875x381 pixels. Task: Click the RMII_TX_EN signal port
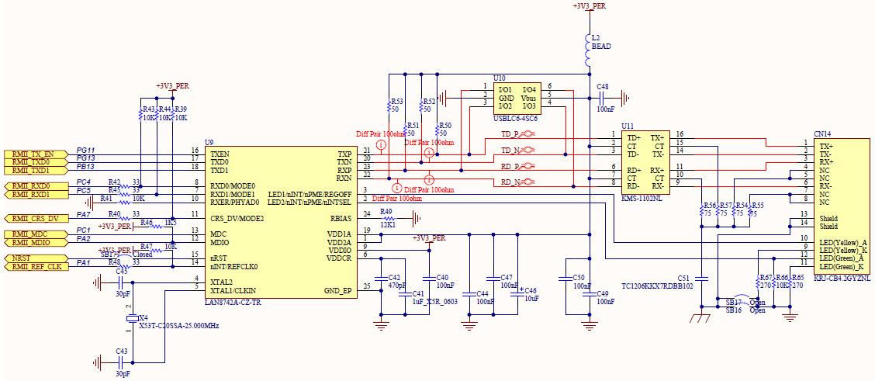32,154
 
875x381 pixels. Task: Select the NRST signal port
32,258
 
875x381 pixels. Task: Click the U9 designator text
209,142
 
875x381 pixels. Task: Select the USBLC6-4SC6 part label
515,118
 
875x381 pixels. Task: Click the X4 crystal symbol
131,318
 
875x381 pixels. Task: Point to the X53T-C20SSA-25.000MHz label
178,325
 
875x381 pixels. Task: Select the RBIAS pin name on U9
341,218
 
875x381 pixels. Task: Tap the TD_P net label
509,133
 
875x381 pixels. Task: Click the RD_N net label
509,182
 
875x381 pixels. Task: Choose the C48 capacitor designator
603,86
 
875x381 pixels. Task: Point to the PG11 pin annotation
85,150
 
